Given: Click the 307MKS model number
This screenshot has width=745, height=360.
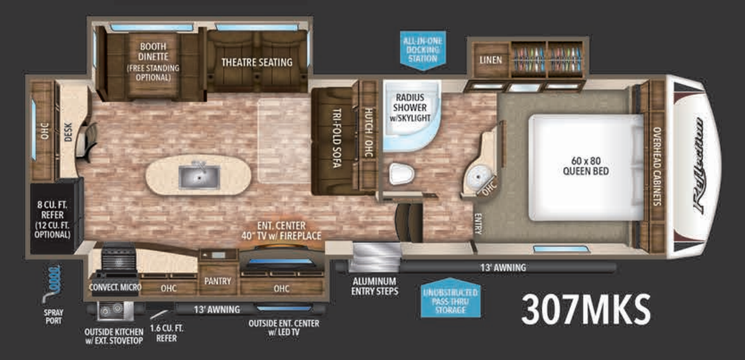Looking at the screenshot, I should pyautogui.click(x=585, y=308).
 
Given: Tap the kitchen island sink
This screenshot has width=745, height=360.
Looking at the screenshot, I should pyautogui.click(x=199, y=177).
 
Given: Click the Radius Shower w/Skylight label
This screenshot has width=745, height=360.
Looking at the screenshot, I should pyautogui.click(x=410, y=107).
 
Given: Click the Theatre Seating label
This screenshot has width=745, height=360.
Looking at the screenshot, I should pyautogui.click(x=257, y=62).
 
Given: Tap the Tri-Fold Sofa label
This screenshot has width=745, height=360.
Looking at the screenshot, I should pyautogui.click(x=336, y=142).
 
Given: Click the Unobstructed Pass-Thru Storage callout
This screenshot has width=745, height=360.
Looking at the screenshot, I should pyautogui.click(x=450, y=301).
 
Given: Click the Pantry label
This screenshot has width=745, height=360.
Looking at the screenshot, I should pyautogui.click(x=218, y=281).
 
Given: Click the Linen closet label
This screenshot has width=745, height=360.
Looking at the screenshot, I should pyautogui.click(x=491, y=60).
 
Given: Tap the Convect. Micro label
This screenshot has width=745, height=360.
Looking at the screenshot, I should pyautogui.click(x=115, y=287).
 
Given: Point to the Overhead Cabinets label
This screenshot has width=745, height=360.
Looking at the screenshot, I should pyautogui.click(x=657, y=166).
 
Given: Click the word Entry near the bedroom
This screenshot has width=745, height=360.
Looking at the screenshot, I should pyautogui.click(x=478, y=224).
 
